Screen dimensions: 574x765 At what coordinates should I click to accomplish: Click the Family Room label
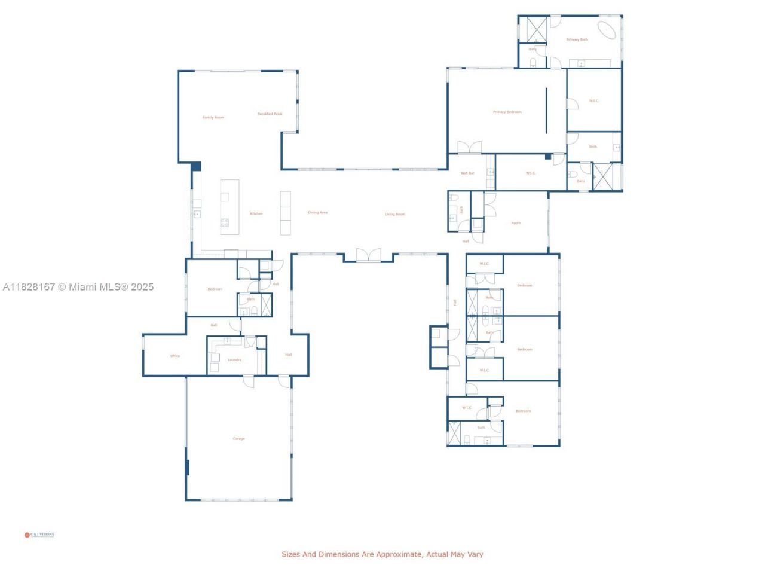pyautogui.click(x=213, y=118)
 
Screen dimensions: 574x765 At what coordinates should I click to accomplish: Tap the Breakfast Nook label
pyautogui.click(x=270, y=114)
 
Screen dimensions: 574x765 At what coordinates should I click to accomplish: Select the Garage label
pyautogui.click(x=238, y=439)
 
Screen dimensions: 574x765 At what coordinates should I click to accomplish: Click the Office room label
pyautogui.click(x=175, y=356)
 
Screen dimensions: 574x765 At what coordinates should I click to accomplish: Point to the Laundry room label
pyautogui.click(x=234, y=359)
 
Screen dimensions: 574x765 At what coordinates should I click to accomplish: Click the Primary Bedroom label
pyautogui.click(x=507, y=112)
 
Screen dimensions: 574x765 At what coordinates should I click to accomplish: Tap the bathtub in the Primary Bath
pyautogui.click(x=607, y=29)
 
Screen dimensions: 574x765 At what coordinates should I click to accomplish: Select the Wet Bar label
pyautogui.click(x=467, y=173)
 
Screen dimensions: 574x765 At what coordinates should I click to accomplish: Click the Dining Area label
pyautogui.click(x=317, y=212)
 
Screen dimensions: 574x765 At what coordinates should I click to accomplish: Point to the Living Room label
pyautogui.click(x=394, y=214)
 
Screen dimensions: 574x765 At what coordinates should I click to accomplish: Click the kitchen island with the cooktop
pyautogui.click(x=229, y=206)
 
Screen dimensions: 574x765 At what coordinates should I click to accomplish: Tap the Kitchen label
pyautogui.click(x=256, y=213)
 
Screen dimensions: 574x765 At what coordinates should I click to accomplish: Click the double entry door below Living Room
pyautogui.click(x=368, y=255)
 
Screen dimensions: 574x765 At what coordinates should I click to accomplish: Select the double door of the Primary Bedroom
pyautogui.click(x=469, y=147)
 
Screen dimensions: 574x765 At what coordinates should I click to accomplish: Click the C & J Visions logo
pyautogui.click(x=39, y=535)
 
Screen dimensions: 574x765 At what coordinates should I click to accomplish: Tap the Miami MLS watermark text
pyautogui.click(x=78, y=287)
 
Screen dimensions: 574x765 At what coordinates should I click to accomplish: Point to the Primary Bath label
pyautogui.click(x=577, y=39)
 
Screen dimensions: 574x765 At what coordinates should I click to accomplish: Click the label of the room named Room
pyautogui.click(x=515, y=223)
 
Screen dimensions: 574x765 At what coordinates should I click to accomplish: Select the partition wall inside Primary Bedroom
pyautogui.click(x=546, y=111)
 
